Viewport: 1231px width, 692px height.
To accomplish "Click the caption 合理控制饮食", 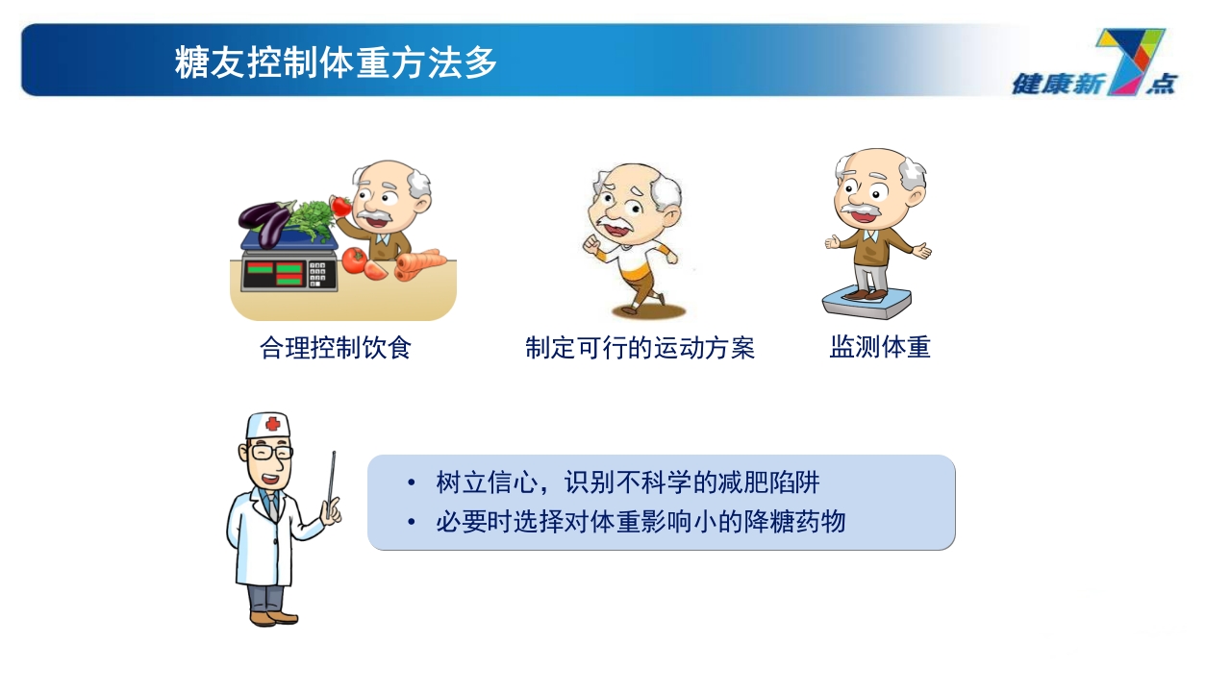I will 336,347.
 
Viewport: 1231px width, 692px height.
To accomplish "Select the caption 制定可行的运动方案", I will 640,347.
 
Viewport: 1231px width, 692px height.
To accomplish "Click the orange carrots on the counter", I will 419,263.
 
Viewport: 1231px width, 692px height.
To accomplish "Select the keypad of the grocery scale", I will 320,274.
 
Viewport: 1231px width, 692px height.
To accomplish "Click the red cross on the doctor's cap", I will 273,424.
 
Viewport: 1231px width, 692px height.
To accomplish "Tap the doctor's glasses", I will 269,452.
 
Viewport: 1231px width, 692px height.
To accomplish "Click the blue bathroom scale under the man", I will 867,303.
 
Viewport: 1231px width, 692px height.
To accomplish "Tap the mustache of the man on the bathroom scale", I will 861,210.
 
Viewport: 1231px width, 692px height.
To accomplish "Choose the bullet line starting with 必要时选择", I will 640,522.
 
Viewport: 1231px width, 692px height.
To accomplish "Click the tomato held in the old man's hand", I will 340,206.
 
